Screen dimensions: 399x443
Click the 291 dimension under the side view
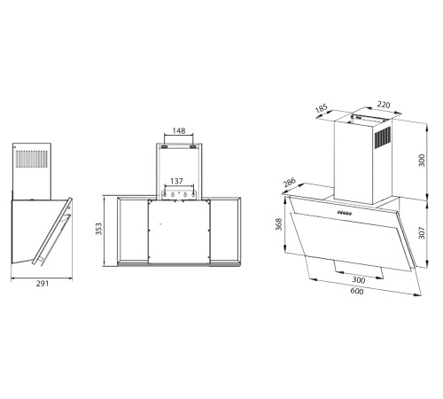(41, 284)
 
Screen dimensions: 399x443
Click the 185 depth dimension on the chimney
(321, 111)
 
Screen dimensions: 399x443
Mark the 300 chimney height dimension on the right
(421, 162)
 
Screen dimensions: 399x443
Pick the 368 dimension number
(279, 225)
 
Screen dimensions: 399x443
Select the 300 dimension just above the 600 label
(358, 278)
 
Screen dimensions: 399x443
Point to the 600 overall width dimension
(356, 292)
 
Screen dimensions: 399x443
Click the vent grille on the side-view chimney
(32, 161)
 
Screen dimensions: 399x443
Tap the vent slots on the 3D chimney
(384, 139)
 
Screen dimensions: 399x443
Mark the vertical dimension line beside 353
(107, 232)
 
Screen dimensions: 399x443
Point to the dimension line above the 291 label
(41, 276)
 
